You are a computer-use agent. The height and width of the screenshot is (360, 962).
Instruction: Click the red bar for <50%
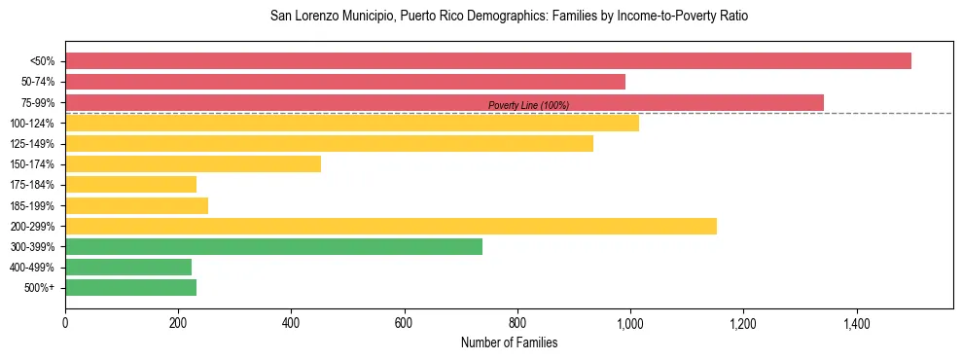[488, 60]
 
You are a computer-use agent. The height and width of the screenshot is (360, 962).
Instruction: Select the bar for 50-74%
[345, 82]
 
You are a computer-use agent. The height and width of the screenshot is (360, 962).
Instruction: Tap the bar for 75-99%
[445, 102]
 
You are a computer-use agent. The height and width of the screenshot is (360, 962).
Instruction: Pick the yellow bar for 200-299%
[391, 226]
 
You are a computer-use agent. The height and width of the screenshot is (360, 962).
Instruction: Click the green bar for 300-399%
[273, 247]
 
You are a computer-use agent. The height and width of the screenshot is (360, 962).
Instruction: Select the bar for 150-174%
[193, 164]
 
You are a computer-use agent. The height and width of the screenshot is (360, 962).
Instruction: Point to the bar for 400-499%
[128, 268]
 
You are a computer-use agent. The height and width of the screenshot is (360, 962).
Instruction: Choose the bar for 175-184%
[130, 185]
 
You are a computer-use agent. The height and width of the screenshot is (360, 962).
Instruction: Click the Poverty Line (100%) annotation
[528, 106]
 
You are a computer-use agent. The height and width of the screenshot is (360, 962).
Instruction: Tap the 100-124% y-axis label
[32, 124]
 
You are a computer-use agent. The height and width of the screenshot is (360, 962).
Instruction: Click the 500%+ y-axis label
[38, 288]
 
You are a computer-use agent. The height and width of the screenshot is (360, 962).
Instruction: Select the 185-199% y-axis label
[32, 206]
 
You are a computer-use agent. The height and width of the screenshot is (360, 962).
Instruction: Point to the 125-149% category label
[32, 144]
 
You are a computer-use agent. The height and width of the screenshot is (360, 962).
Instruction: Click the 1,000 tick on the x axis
[630, 320]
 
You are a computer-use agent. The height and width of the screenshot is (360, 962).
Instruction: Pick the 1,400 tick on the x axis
[856, 320]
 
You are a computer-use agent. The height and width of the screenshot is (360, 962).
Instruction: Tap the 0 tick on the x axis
[65, 320]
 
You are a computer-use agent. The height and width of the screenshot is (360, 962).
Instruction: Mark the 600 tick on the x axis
[405, 320]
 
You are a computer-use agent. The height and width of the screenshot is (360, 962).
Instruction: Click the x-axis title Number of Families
[509, 342]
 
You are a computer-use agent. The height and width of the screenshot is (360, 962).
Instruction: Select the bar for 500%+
[130, 288]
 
